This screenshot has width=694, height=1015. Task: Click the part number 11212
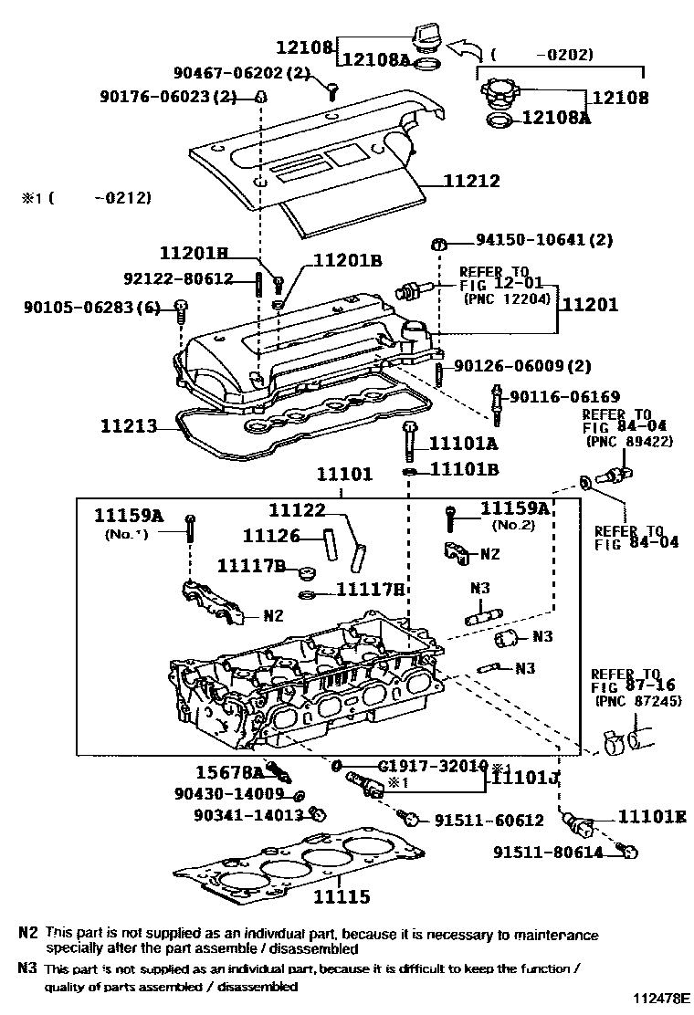472,181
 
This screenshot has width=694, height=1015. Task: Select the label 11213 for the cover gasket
129,425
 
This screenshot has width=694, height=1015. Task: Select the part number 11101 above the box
345,475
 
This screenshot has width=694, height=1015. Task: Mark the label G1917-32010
433,766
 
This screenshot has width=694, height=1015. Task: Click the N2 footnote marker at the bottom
27,933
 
